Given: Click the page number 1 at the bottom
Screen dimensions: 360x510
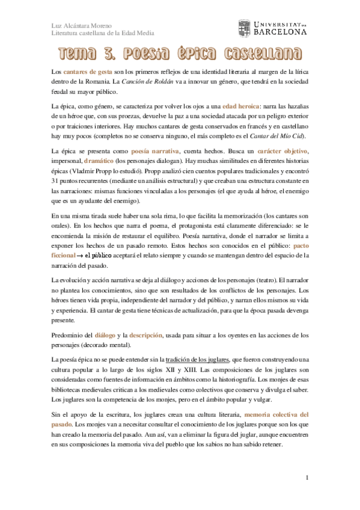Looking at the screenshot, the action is (x=307, y=478).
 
